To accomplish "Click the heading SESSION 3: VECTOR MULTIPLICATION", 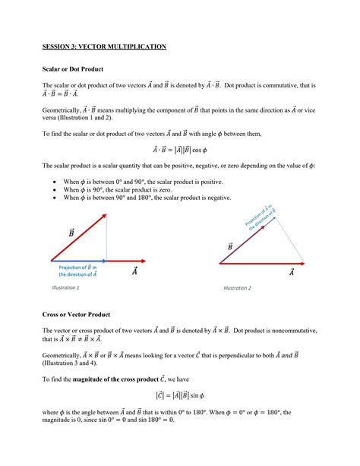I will (x=104, y=46).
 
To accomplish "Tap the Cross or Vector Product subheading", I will (x=77, y=313).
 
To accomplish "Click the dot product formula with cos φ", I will (x=180, y=151).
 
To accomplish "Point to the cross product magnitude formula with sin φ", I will (x=180, y=395).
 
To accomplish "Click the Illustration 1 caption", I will (x=65, y=287).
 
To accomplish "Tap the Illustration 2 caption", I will (x=237, y=288).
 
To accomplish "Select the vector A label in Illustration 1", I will (x=134, y=271).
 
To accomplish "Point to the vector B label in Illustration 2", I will (x=229, y=246).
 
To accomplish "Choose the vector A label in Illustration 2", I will (x=290, y=274).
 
